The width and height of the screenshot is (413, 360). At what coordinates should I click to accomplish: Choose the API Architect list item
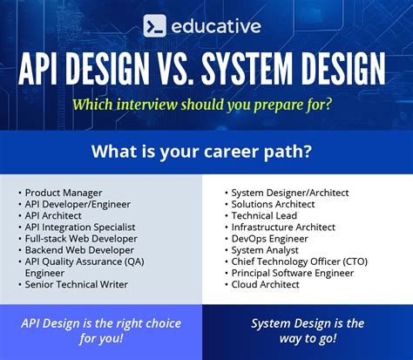(x=56, y=215)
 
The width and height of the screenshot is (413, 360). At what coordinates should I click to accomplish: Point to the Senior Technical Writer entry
(x=77, y=284)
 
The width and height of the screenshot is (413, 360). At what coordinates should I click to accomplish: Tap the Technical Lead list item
(x=264, y=215)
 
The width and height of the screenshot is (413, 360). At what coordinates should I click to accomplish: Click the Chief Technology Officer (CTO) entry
(x=299, y=261)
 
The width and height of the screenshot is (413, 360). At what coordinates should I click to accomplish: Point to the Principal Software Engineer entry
(x=292, y=272)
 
